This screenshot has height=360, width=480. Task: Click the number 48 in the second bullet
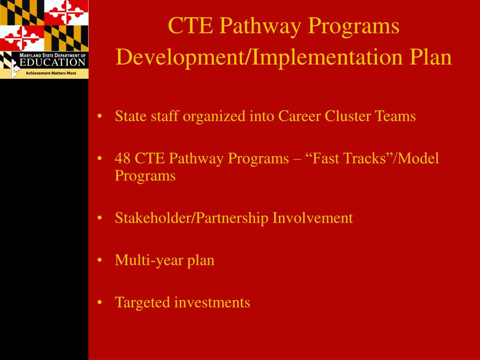[123, 159]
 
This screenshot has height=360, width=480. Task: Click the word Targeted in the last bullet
[143, 302]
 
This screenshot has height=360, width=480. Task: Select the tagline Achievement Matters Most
[51, 73]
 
